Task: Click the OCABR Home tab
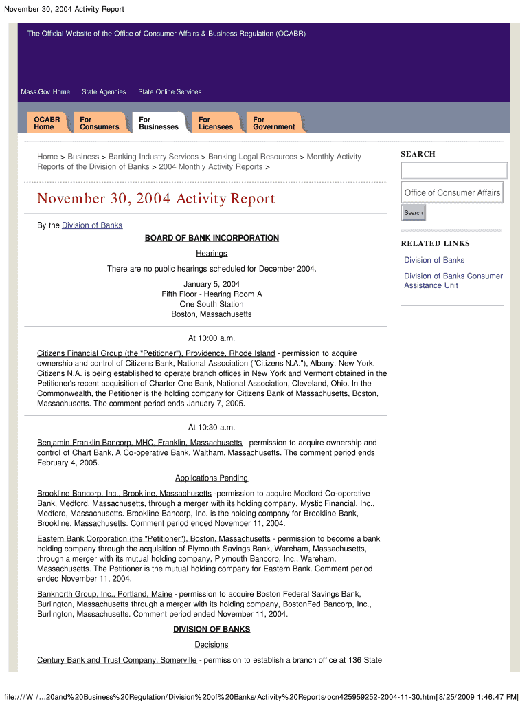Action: [47, 123]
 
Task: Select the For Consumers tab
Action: [99, 123]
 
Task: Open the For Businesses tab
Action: [158, 123]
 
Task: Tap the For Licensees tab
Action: [216, 123]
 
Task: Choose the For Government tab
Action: [273, 123]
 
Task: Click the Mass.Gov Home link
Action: [45, 92]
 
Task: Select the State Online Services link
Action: [170, 92]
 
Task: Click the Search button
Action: [414, 213]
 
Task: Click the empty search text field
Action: [454, 170]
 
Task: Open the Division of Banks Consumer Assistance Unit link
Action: [453, 280]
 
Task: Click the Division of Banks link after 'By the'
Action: [92, 225]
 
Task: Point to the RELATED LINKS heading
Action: [436, 243]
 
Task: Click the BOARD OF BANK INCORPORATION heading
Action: [212, 239]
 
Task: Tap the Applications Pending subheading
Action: [212, 478]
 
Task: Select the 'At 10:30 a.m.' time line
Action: [212, 427]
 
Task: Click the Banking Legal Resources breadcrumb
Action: [253, 157]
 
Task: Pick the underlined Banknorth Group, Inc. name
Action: [104, 594]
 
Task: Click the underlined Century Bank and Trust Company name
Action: [117, 661]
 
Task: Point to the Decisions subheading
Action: [212, 645]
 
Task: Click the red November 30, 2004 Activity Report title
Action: [156, 199]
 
